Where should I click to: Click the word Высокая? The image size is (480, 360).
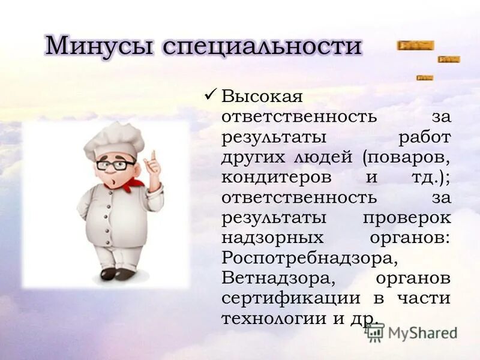tap(262, 95)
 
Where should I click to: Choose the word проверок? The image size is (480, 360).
tap(406, 217)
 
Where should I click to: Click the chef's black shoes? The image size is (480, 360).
tap(117, 274)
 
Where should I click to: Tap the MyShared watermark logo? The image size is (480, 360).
tap(412, 332)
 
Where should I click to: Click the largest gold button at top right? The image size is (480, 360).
tap(415, 45)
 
